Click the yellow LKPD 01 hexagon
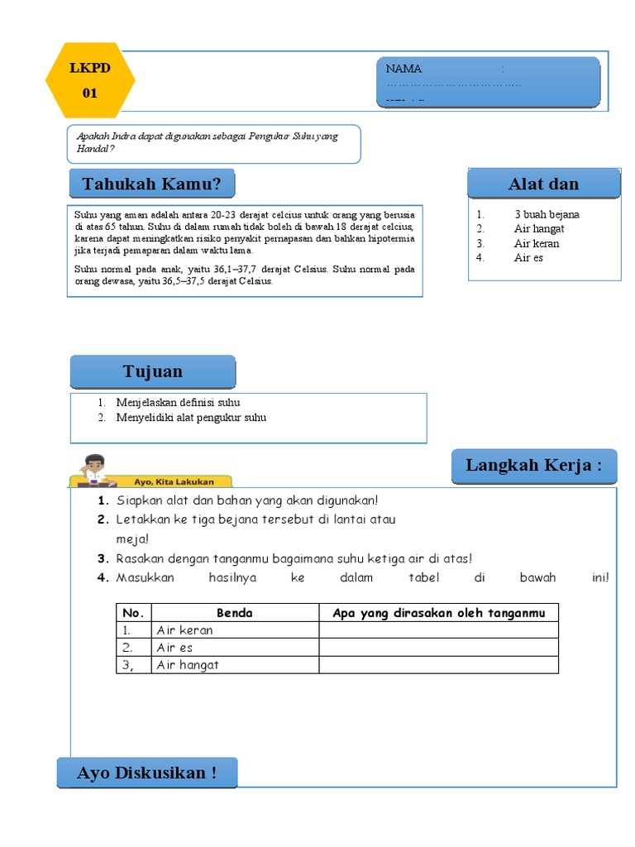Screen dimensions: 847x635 click(x=89, y=81)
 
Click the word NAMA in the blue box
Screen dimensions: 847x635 click(x=403, y=69)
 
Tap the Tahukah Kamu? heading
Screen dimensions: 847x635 click(x=151, y=184)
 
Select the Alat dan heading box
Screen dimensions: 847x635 click(x=543, y=184)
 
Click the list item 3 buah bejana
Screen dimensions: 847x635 click(x=546, y=214)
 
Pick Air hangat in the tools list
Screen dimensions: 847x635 click(x=538, y=228)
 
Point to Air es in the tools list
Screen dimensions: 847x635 click(x=528, y=258)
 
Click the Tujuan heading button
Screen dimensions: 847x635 click(x=153, y=371)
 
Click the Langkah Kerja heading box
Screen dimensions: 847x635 click(x=534, y=466)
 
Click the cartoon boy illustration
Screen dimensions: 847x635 click(x=94, y=469)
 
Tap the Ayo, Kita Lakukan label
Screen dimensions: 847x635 click(x=174, y=481)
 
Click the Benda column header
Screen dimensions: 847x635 click(x=235, y=613)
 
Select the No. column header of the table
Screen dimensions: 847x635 click(x=133, y=613)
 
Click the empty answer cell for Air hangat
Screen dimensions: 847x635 click(x=438, y=665)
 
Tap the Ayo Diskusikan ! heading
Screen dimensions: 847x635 click(x=147, y=773)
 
